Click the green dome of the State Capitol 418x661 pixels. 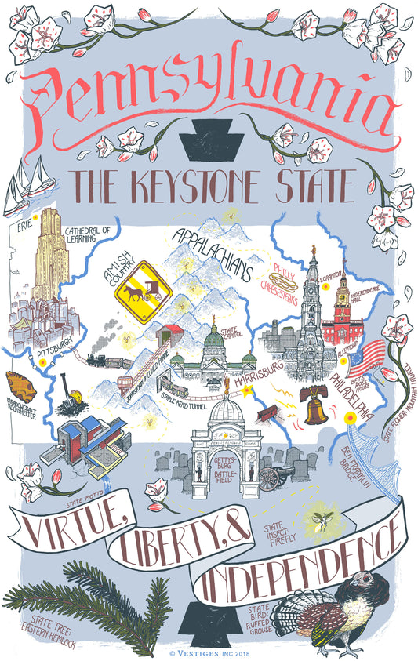(x=214, y=339)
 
